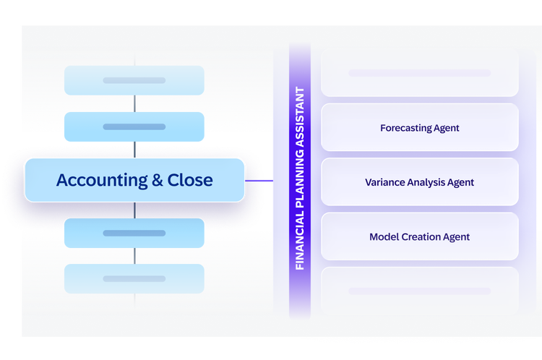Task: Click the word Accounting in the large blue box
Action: pos(102,181)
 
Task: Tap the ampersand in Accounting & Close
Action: pos(158,180)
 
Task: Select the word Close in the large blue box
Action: pos(190,180)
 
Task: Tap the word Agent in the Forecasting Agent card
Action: pos(447,128)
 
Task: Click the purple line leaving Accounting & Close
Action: pos(259,181)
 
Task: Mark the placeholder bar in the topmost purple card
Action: pos(420,73)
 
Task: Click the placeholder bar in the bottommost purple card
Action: pos(420,291)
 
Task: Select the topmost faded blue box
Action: pos(134,80)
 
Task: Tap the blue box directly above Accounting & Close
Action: pos(134,127)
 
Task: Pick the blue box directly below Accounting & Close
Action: pos(134,233)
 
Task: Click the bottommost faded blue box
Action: pos(134,279)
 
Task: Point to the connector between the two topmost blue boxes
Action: pos(134,103)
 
